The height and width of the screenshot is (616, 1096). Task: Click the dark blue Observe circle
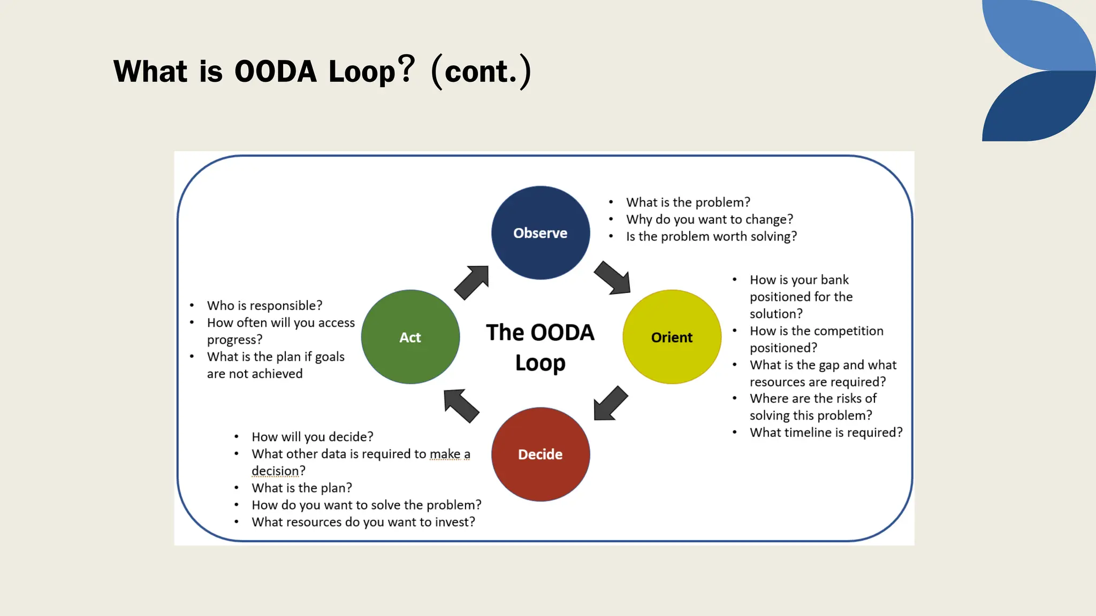coord(541,233)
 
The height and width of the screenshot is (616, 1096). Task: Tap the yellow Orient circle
coord(672,337)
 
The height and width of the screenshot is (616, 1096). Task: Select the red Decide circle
coord(541,454)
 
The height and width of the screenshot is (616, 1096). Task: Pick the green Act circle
coord(410,337)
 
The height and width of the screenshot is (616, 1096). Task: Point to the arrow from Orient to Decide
coord(611,403)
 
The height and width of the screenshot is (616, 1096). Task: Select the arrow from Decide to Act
coord(461,405)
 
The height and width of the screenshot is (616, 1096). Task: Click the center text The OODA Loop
coord(540,347)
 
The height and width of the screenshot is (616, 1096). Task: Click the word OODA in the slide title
coord(276,72)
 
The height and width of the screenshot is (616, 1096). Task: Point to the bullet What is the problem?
coord(688,202)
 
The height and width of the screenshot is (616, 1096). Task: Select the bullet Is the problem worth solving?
coord(711,236)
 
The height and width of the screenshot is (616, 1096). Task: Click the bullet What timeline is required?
coord(825,433)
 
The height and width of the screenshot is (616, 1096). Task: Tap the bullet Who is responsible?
coord(264,305)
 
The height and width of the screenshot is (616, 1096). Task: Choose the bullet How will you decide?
coord(312,437)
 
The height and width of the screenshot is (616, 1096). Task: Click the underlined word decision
coord(275,471)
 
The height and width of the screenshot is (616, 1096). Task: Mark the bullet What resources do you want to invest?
coord(363,522)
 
